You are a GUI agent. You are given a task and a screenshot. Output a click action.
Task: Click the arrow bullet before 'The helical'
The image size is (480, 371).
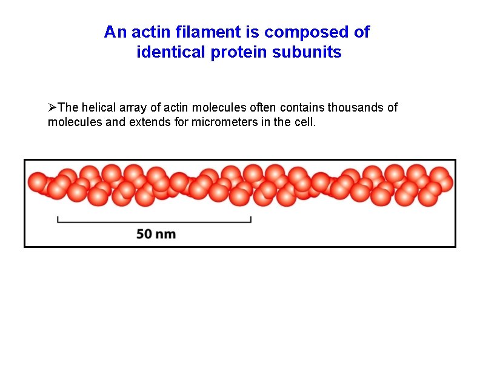(52, 108)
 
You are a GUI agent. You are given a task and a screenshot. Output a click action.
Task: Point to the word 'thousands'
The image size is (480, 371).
(363, 108)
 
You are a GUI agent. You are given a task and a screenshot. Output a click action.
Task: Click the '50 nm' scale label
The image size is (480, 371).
(156, 233)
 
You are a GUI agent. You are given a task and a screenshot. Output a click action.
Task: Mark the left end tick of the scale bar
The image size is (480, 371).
(58, 219)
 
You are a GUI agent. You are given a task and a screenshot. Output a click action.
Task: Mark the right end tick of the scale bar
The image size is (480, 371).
(251, 219)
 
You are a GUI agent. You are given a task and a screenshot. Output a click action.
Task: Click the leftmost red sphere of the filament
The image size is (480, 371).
(38, 182)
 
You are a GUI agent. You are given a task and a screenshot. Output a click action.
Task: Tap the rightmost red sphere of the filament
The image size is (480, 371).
(444, 182)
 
